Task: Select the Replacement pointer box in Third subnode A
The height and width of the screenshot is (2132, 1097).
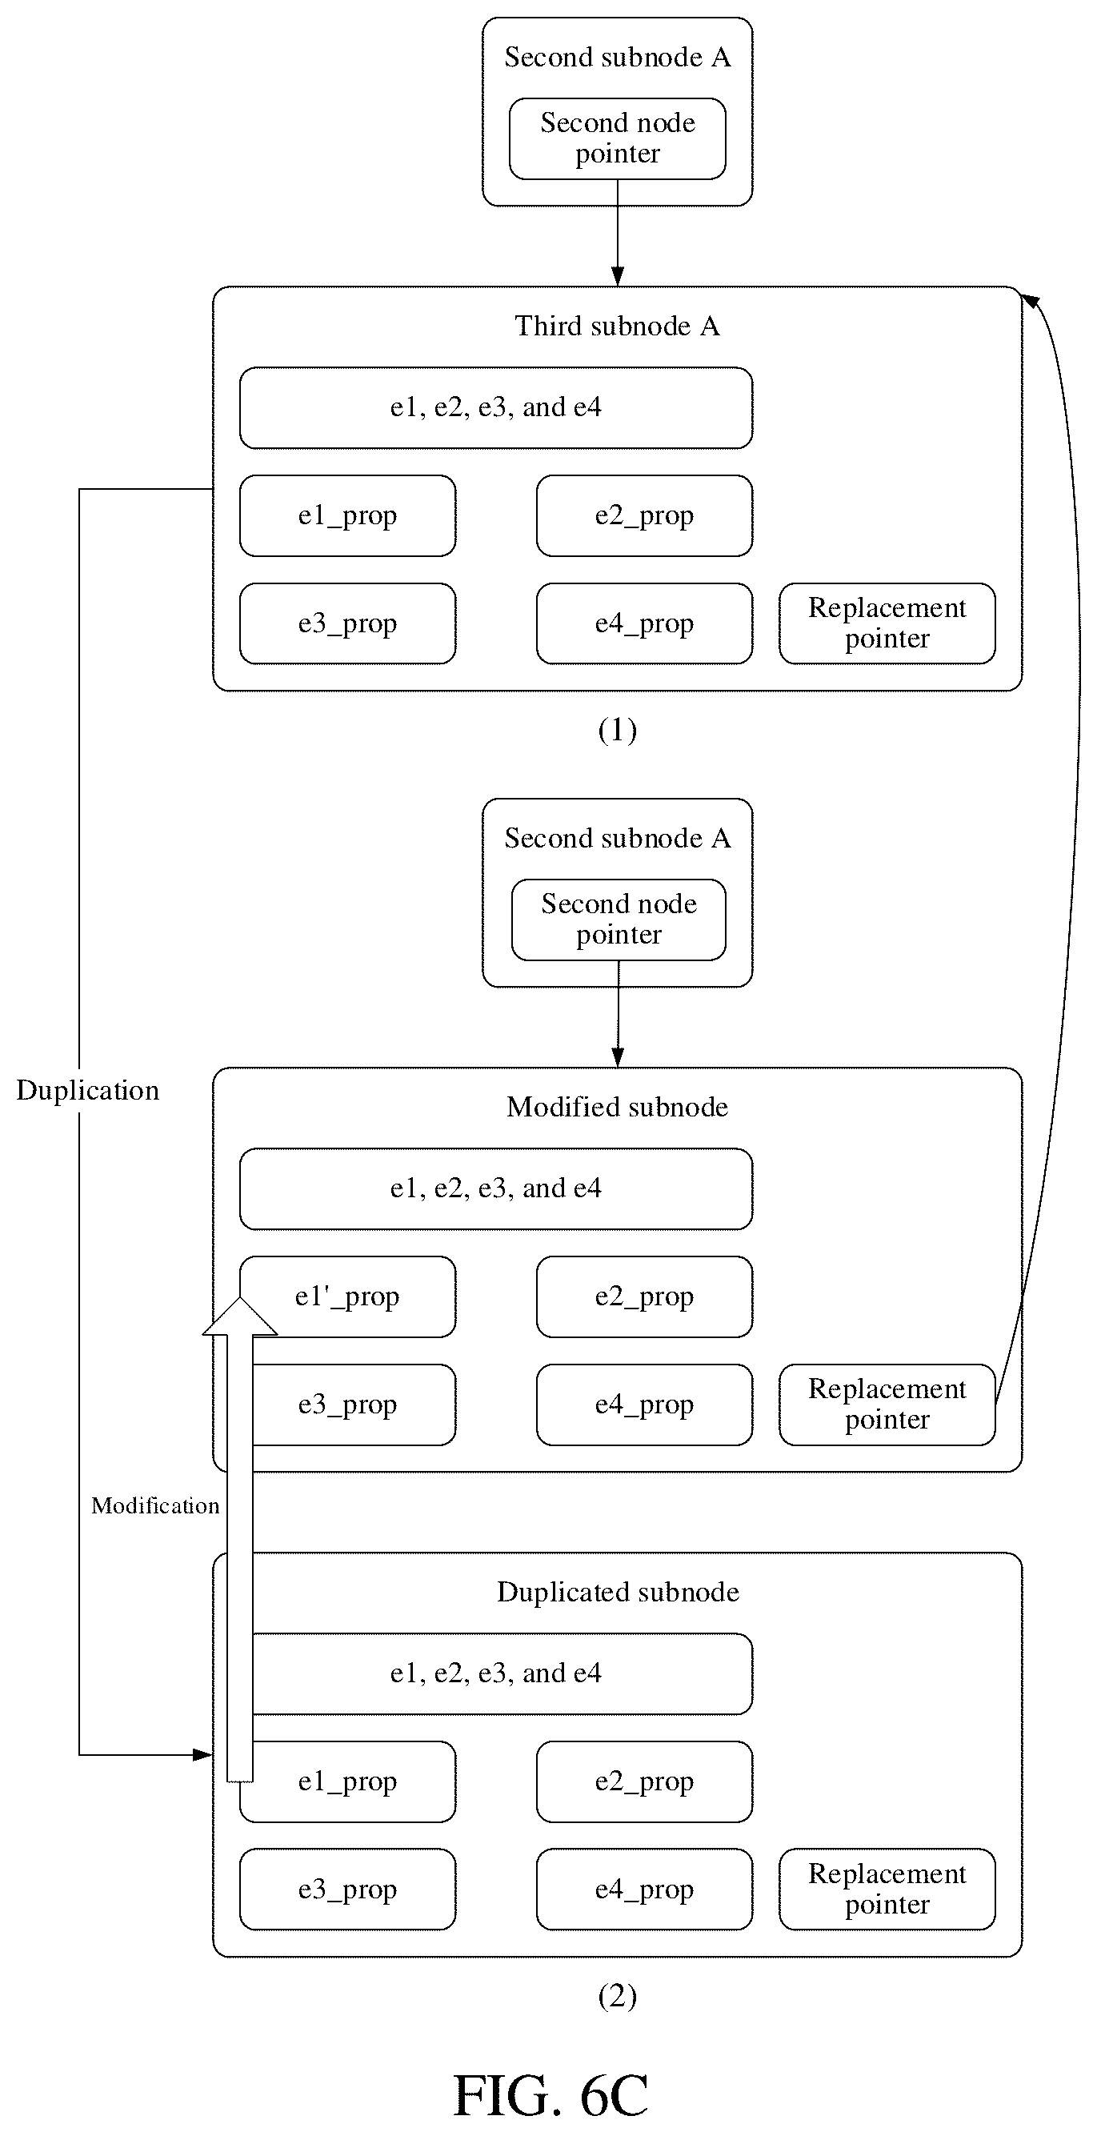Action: click(x=887, y=623)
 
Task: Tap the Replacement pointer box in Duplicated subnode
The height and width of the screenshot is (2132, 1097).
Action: click(x=887, y=1889)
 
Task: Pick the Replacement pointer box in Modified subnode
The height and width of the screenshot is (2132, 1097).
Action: click(x=887, y=1405)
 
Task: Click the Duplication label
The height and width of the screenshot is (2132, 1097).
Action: click(x=88, y=1090)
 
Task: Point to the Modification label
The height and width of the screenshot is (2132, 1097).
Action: click(x=155, y=1505)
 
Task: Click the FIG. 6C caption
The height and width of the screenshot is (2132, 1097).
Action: click(x=551, y=2094)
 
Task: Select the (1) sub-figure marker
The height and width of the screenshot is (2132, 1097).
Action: click(x=617, y=729)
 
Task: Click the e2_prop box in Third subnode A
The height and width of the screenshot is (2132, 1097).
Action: click(x=644, y=515)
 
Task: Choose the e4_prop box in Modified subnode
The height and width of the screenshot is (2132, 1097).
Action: click(x=644, y=1405)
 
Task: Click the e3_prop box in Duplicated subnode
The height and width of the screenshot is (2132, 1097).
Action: click(x=347, y=1889)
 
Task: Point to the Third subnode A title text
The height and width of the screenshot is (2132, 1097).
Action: click(x=617, y=326)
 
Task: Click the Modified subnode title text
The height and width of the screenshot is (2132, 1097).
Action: click(x=617, y=1107)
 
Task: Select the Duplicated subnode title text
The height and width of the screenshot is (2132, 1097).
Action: click(x=617, y=1591)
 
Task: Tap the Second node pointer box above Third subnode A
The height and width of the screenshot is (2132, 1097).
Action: click(x=617, y=138)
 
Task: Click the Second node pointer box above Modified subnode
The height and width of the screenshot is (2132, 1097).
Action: click(x=619, y=920)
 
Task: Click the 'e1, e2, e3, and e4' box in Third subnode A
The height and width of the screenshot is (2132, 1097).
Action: click(x=495, y=408)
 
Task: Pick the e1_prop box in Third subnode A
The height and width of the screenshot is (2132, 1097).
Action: click(x=347, y=515)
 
